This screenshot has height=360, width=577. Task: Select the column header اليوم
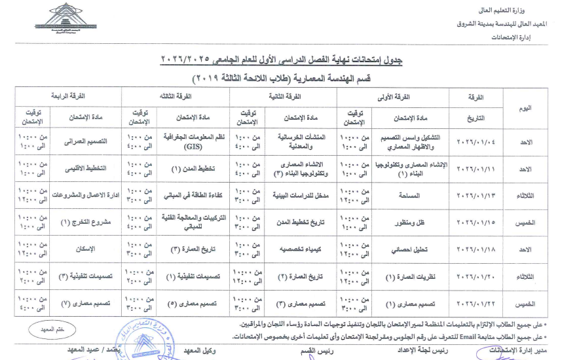[x=525, y=108]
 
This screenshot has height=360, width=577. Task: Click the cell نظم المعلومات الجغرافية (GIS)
[x=194, y=141]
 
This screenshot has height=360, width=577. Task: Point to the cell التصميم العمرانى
[x=86, y=141]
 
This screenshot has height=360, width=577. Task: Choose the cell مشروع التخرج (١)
[x=86, y=223]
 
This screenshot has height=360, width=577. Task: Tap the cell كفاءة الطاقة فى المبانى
[x=194, y=195]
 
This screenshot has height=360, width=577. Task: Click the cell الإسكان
[x=86, y=249]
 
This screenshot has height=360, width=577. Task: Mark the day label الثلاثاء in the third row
[x=525, y=195]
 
